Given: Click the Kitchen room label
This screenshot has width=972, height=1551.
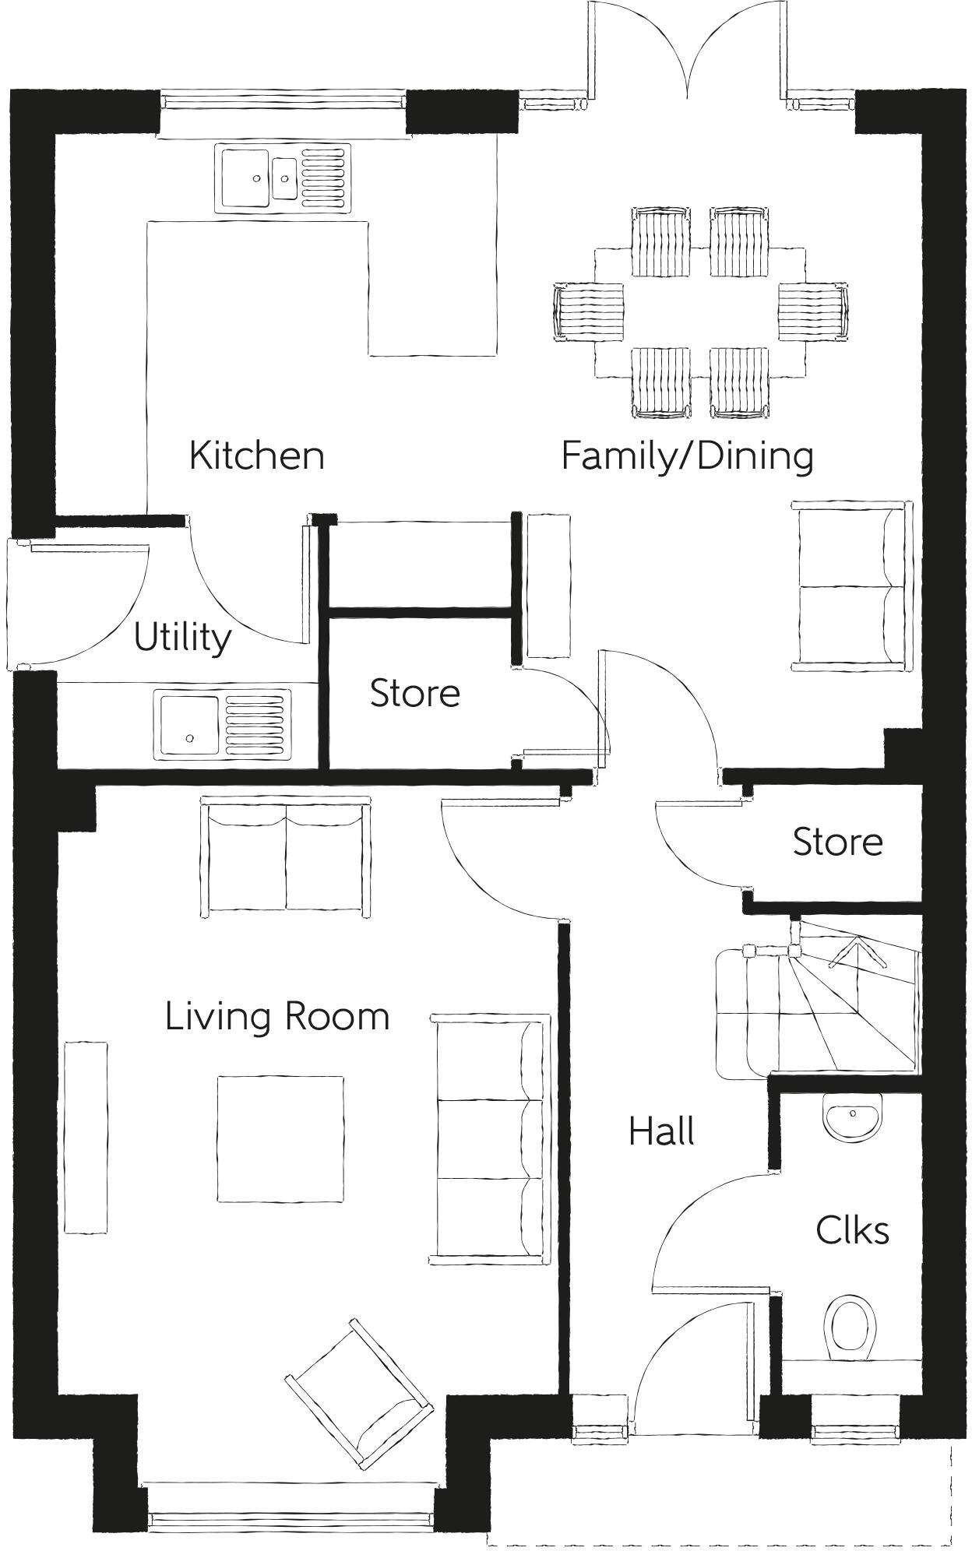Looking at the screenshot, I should [x=256, y=455].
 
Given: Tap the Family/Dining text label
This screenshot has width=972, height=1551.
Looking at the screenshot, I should [x=687, y=455].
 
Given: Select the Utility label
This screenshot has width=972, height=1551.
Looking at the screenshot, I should [x=182, y=638].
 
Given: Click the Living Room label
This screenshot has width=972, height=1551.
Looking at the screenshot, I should [x=277, y=1017].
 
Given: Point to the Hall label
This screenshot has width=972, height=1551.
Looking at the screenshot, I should [x=661, y=1131].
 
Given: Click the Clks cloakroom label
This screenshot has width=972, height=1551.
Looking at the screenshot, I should [x=852, y=1231].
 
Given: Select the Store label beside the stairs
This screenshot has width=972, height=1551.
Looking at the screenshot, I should [x=837, y=842].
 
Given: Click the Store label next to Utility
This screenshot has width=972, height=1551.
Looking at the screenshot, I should [x=414, y=693].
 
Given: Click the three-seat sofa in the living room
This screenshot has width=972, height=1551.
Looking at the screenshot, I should [x=491, y=1139].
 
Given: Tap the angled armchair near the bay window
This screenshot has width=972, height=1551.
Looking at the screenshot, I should [x=360, y=1392].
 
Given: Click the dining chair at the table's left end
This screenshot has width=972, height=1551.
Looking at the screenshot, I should [x=589, y=311].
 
